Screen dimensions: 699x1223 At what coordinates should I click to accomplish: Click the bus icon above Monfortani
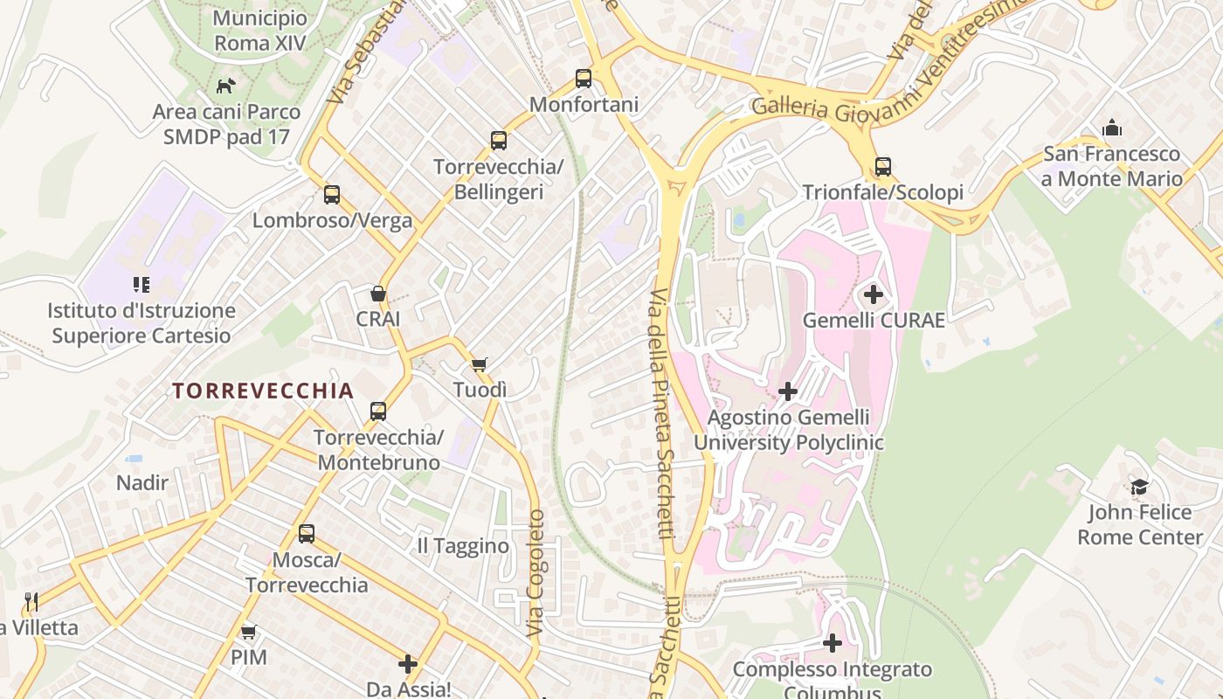(584, 79)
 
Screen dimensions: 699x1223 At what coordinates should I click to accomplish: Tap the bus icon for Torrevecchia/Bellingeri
(499, 140)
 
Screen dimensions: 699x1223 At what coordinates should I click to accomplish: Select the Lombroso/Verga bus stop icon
(332, 194)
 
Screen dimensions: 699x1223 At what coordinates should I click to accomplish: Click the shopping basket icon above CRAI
(378, 294)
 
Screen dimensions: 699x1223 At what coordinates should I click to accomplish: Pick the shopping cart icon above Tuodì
(479, 364)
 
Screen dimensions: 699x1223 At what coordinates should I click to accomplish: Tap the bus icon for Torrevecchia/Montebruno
(378, 411)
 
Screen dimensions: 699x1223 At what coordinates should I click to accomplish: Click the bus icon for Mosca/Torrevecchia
(307, 533)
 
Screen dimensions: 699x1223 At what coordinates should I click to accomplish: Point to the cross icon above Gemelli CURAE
(873, 294)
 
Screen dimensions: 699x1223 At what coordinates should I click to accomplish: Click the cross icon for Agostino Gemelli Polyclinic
(787, 391)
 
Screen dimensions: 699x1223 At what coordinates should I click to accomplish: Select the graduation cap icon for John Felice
(1139, 487)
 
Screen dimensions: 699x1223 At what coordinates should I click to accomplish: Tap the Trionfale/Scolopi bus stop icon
(883, 166)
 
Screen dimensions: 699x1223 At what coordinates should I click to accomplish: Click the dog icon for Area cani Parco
(226, 86)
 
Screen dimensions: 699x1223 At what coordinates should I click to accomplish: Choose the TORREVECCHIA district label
(263, 391)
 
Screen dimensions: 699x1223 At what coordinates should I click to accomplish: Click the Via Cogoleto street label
(535, 572)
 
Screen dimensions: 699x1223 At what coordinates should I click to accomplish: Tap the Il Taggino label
(463, 546)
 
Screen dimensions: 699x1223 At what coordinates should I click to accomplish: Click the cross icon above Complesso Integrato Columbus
(833, 644)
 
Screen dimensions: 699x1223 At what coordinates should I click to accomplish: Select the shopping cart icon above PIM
(249, 632)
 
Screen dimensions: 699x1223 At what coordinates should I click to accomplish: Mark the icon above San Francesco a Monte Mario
(1112, 128)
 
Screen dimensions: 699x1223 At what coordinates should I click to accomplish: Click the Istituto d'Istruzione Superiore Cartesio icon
(141, 285)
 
